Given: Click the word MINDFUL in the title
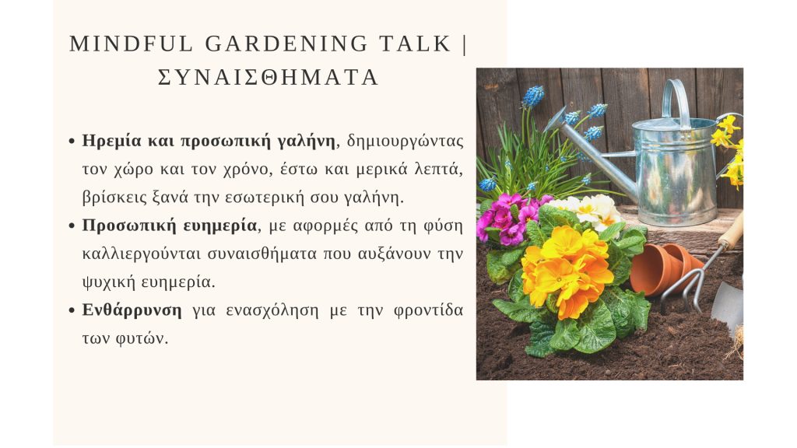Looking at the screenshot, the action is pyautogui.click(x=131, y=44).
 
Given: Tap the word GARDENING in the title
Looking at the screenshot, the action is pyautogui.click(x=286, y=44).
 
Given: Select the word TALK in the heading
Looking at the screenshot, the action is pyautogui.click(x=416, y=44).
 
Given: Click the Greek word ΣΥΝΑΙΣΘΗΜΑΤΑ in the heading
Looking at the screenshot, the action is pyautogui.click(x=269, y=78).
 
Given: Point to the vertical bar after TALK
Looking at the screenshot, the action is pyautogui.click(x=465, y=44).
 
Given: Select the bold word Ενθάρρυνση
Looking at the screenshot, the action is pyautogui.click(x=132, y=310).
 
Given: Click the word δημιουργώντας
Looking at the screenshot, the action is pyautogui.click(x=405, y=141).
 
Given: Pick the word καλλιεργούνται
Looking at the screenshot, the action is pyautogui.click(x=142, y=254).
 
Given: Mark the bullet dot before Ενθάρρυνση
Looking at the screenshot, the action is pyautogui.click(x=72, y=310).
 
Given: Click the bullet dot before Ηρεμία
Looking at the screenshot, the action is pyautogui.click(x=72, y=142).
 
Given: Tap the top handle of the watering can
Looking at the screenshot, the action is pyautogui.click(x=676, y=100).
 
